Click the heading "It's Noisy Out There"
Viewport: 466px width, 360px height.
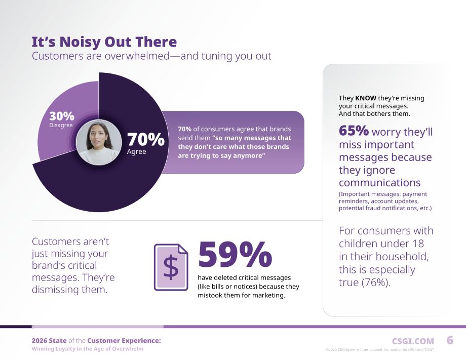104,42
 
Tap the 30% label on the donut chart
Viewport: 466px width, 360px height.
61,116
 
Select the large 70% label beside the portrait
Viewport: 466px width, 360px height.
146,139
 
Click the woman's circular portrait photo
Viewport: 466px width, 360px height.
99,142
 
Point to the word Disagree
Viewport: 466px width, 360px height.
61,125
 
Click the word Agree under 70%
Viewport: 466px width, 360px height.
136,151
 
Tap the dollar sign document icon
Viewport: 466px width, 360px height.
171,267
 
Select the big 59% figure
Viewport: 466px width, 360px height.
235,254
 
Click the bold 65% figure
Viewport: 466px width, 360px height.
354,131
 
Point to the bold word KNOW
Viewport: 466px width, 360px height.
366,98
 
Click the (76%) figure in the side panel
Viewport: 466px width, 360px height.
376,282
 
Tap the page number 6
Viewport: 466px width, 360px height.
450,340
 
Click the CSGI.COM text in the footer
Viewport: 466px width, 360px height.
413,341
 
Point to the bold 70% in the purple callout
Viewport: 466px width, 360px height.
184,129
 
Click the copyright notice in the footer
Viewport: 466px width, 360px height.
380,349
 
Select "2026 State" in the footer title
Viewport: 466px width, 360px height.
49,341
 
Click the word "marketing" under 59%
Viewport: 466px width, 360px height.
269,296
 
